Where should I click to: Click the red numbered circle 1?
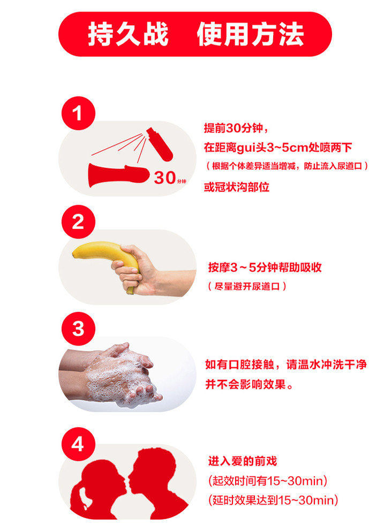(x=78, y=113)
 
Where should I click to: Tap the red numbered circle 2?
(x=78, y=222)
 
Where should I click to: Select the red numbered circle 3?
(x=78, y=329)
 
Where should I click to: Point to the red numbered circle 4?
(x=78, y=444)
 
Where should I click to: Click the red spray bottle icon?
(x=160, y=144)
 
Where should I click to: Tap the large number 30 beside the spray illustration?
(x=165, y=177)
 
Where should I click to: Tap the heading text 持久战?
(x=128, y=34)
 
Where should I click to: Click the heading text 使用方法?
(x=251, y=34)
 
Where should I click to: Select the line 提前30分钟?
(x=236, y=128)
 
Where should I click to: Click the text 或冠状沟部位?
(x=237, y=187)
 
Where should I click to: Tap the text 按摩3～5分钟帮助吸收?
(x=265, y=267)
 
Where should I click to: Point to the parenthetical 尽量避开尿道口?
(x=247, y=287)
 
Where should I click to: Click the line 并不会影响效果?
(x=249, y=384)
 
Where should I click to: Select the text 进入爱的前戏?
(x=243, y=461)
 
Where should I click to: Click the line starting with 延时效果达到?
(x=273, y=500)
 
